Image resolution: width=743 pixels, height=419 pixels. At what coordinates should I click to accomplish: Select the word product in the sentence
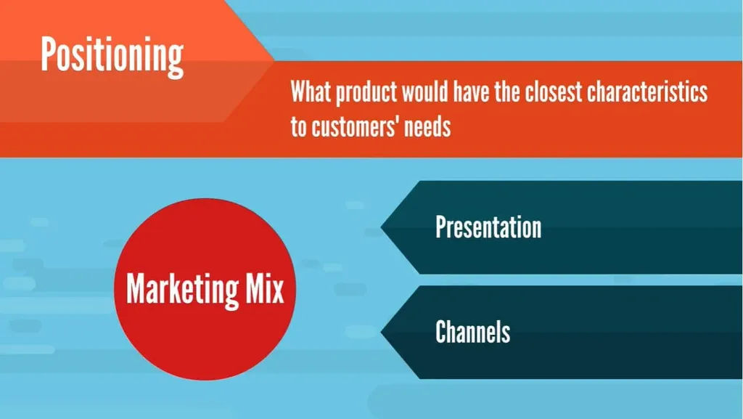(x=366, y=92)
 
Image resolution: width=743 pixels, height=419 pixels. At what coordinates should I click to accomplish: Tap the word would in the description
(x=424, y=91)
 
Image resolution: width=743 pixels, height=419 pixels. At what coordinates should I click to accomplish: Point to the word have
(x=471, y=91)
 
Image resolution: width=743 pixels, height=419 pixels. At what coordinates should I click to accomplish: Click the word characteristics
(x=647, y=91)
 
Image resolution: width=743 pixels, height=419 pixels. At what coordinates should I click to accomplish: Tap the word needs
(x=427, y=126)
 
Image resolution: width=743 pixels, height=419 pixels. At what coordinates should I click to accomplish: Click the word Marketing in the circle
(x=182, y=290)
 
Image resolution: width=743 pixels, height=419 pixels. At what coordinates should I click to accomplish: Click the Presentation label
(x=488, y=227)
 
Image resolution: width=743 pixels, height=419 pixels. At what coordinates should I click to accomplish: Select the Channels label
(x=472, y=331)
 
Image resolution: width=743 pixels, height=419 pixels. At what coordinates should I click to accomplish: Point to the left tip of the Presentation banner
(x=381, y=227)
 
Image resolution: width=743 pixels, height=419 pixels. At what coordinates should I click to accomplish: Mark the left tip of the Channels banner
(x=381, y=332)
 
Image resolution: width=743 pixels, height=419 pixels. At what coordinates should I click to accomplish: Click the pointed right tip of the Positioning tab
(x=274, y=60)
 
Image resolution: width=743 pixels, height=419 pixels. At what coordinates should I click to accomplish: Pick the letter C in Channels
(x=442, y=331)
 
